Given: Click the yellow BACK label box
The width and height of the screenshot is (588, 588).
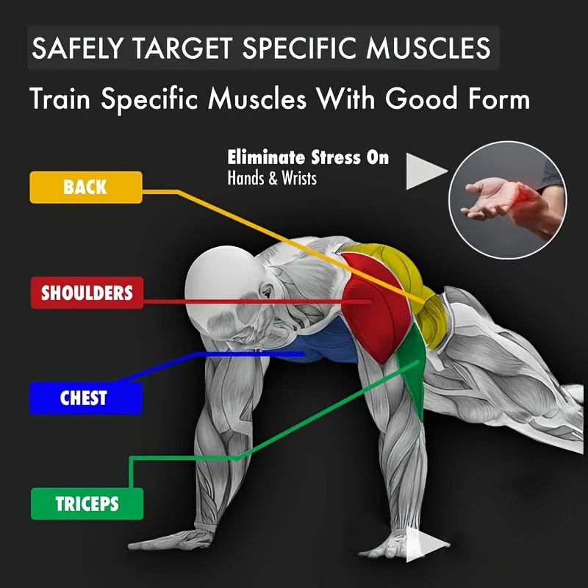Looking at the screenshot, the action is (86, 187).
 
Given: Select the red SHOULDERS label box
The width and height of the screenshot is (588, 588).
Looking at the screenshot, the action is (87, 293).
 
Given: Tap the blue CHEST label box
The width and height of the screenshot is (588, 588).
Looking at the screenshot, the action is (86, 398).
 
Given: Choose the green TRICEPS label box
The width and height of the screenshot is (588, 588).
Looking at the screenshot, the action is (87, 503).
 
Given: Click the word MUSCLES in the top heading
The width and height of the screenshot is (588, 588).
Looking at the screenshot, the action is (429, 48).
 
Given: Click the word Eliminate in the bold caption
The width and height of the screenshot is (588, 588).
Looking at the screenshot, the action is (266, 157).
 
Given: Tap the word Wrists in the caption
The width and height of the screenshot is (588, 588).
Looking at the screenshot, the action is (299, 178).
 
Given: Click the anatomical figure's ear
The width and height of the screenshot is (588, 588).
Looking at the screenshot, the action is (267, 292).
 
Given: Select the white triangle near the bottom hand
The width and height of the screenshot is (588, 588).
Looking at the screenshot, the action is (428, 545).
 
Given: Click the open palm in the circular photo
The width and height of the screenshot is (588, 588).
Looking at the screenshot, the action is (488, 198).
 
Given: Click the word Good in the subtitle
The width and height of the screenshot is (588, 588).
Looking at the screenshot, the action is (421, 98).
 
